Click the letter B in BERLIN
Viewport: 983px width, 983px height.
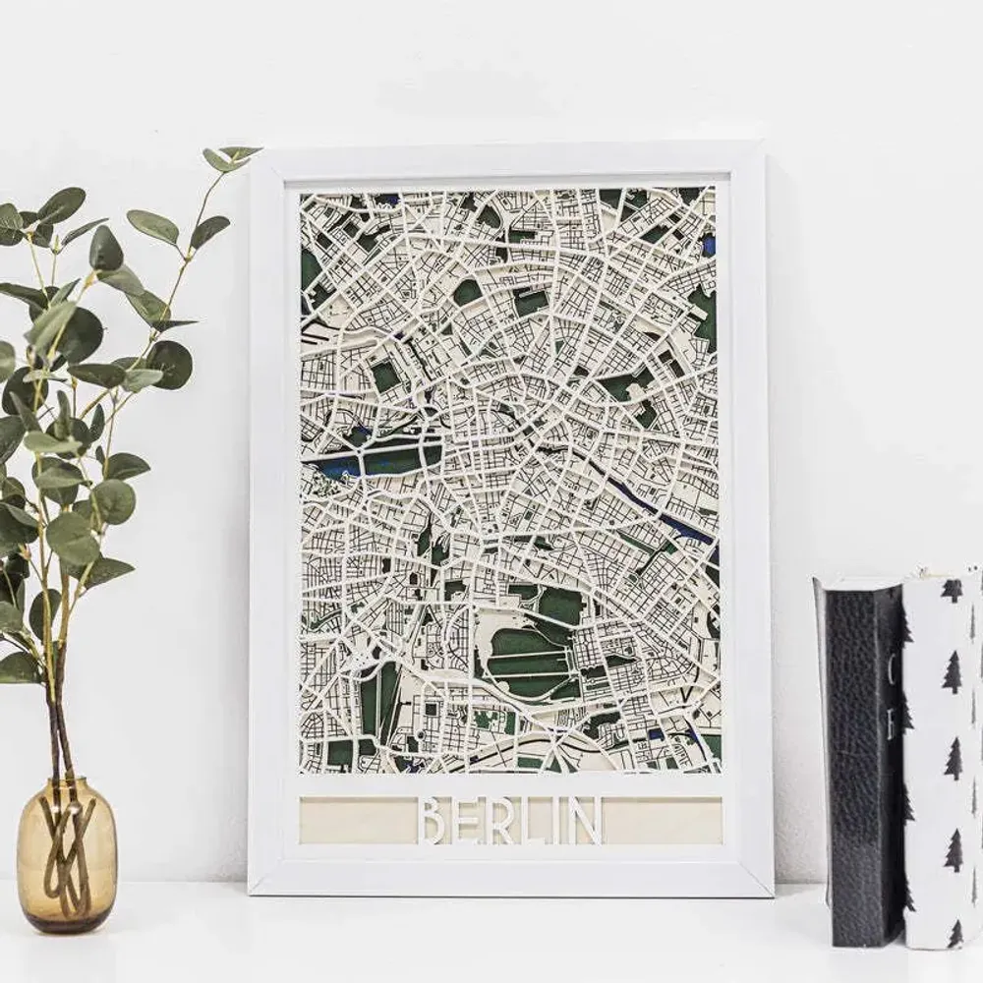pyautogui.click(x=433, y=821)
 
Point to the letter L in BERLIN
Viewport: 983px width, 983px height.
pyautogui.click(x=531, y=821)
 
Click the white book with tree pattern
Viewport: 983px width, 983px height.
pyautogui.click(x=943, y=757)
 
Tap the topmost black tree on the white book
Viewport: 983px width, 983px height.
pyautogui.click(x=952, y=590)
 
